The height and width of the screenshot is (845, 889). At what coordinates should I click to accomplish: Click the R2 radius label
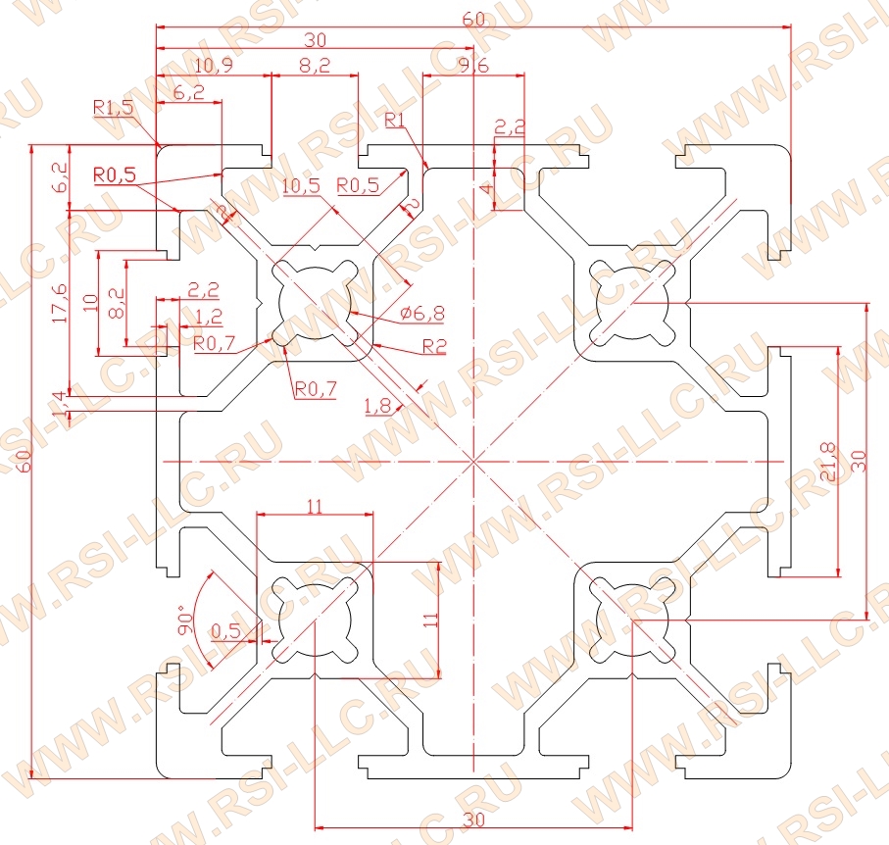coord(433,346)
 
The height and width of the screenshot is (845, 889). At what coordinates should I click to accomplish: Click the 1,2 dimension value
coord(209,316)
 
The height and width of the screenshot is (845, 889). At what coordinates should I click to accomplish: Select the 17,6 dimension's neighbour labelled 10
coord(90,303)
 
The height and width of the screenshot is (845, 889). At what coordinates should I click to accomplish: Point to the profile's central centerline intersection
coord(473,461)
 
